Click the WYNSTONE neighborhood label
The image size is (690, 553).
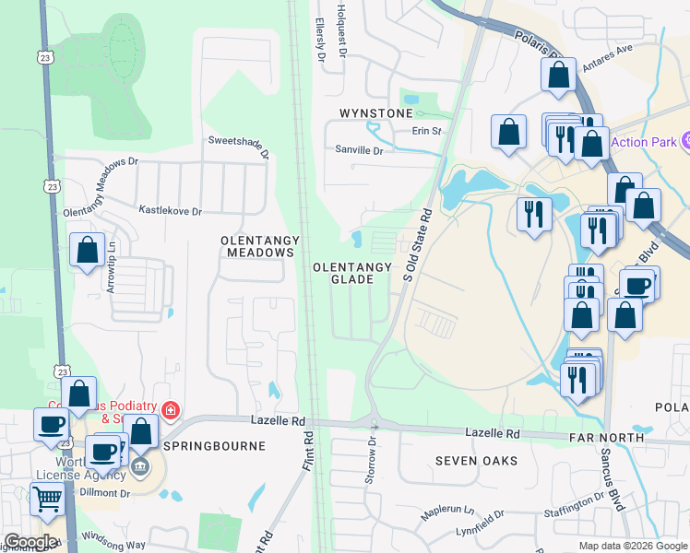(x=376, y=113)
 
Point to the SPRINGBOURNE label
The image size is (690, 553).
(x=214, y=446)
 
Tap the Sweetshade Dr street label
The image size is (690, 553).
(x=238, y=146)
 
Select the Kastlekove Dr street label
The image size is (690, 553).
(x=170, y=211)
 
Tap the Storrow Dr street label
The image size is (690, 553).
(x=372, y=459)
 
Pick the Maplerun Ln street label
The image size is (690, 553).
(x=447, y=511)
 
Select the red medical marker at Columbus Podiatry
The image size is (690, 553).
(x=170, y=409)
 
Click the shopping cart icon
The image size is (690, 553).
(x=47, y=499)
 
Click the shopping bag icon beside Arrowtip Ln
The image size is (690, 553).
(x=87, y=250)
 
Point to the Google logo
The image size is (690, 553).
(x=30, y=543)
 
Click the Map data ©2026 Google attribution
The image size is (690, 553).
(x=632, y=546)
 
